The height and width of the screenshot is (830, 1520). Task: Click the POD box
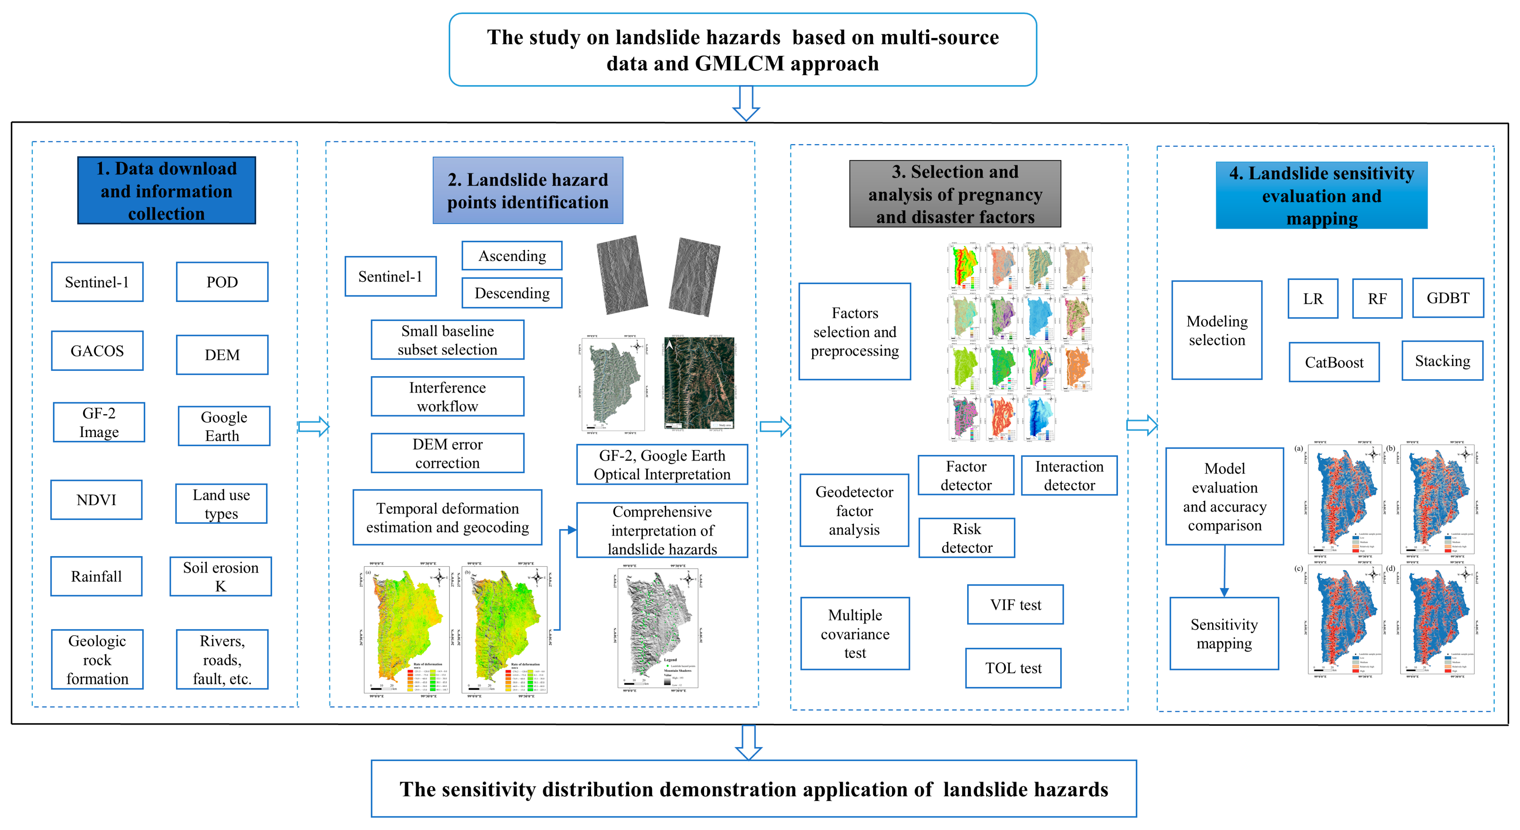click(x=222, y=282)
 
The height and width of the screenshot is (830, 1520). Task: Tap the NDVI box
click(x=96, y=500)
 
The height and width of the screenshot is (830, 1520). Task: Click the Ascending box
click(x=512, y=256)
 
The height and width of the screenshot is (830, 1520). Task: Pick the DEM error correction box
click(x=447, y=453)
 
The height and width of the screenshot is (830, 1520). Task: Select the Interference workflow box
click(x=447, y=397)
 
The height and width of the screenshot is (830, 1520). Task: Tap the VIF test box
click(x=1015, y=605)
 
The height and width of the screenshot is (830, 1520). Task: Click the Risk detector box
click(x=966, y=538)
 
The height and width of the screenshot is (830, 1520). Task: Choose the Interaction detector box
click(x=1069, y=475)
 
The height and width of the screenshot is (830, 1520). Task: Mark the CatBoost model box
click(x=1333, y=362)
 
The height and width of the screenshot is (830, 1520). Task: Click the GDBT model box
click(x=1447, y=298)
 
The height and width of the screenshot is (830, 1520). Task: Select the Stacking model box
click(x=1442, y=361)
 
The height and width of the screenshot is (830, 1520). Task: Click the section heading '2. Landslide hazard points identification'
click(x=528, y=191)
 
